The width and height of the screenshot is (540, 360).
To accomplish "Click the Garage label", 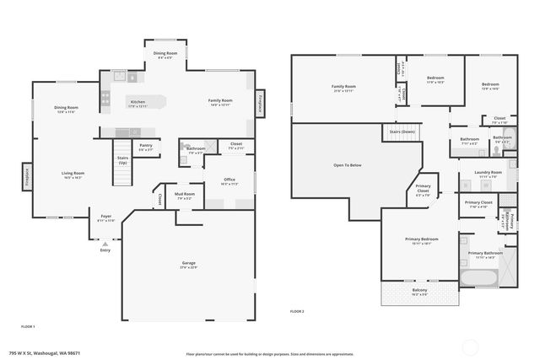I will point(189,264).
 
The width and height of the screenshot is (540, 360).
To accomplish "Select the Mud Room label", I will point(184,196).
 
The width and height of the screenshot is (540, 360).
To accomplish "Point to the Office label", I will point(229,180).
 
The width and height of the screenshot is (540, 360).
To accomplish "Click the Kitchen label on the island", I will point(137,103).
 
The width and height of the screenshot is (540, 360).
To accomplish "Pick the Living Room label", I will point(73,175).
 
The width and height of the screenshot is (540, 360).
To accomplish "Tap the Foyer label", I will point(106,218).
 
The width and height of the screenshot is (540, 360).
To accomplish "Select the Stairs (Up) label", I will point(122,159).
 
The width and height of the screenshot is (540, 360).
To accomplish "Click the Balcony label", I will point(420,292).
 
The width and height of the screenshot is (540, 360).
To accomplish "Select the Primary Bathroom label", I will point(486,255).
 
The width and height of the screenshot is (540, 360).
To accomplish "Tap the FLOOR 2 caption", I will point(297,312).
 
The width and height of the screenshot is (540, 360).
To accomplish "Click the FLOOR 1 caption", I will point(28,325).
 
